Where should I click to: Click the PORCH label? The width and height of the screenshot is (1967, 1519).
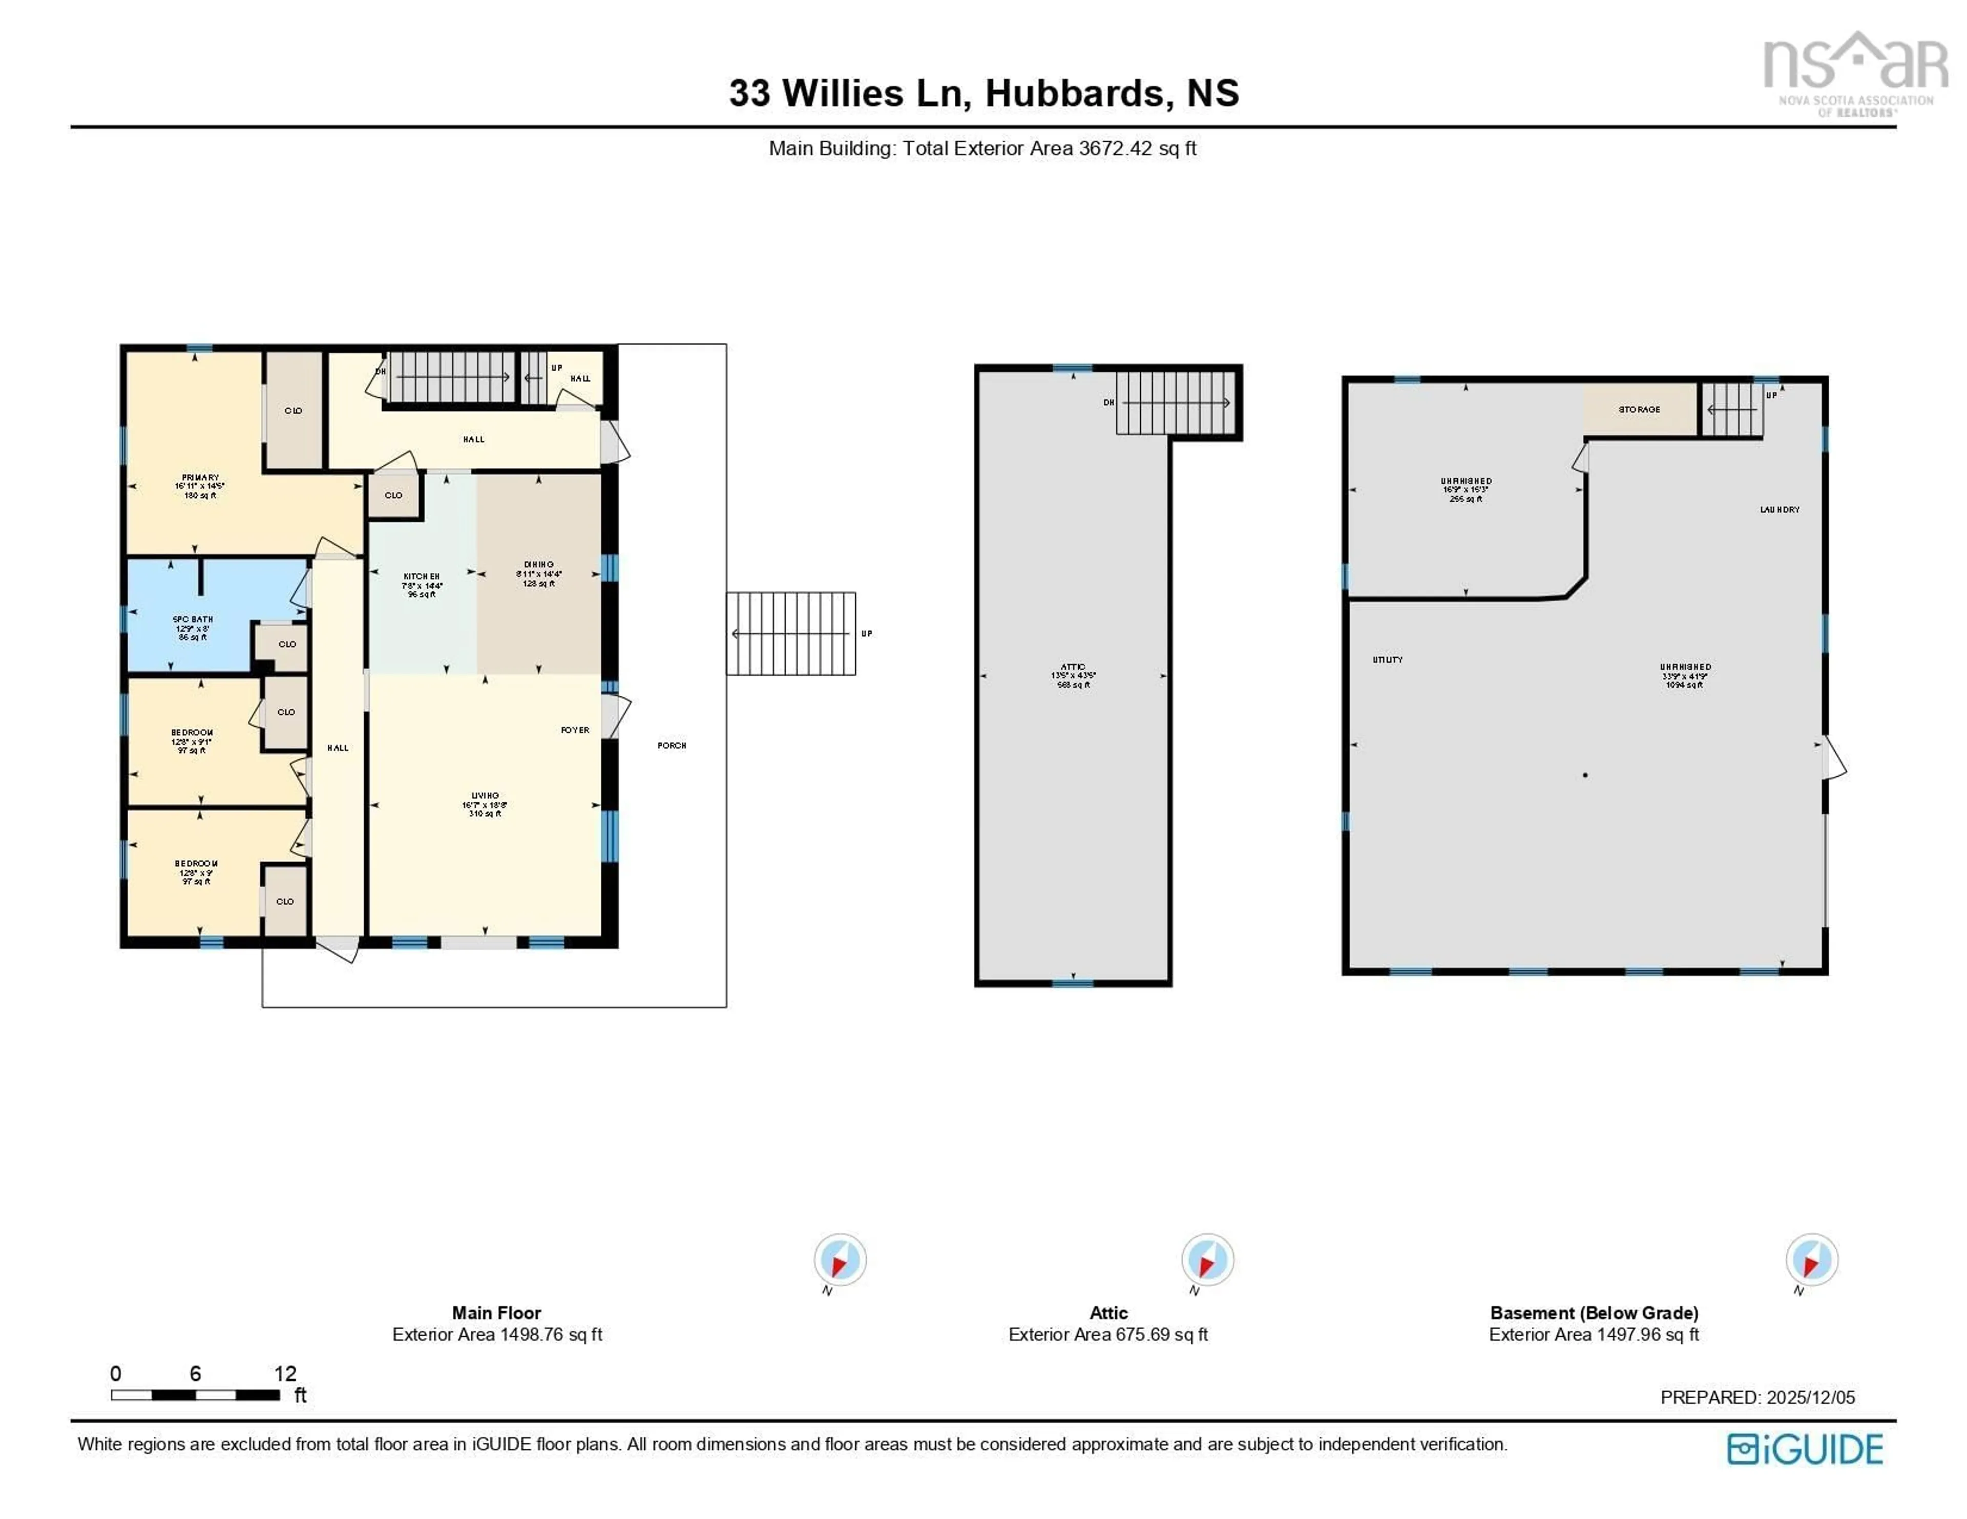[x=672, y=745]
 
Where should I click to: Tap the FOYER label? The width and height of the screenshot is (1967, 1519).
[x=575, y=730]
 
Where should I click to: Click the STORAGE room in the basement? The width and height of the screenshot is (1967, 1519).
[x=1639, y=410]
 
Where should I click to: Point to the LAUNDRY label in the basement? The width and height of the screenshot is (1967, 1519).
[x=1780, y=509]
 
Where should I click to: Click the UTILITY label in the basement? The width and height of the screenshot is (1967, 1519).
[x=1387, y=660]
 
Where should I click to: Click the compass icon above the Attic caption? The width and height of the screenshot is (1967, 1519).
[x=1207, y=1259]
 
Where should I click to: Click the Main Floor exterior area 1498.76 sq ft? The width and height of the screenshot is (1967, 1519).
[x=497, y=1334]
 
